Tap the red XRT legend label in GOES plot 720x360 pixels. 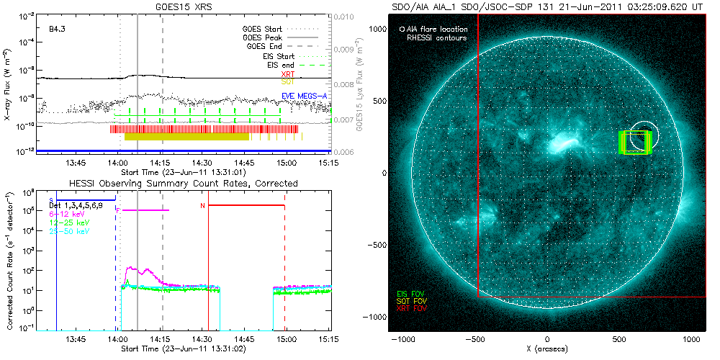click(287, 73)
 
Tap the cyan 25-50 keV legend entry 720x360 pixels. click(68, 232)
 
